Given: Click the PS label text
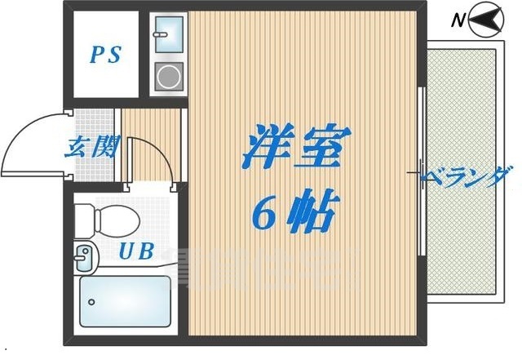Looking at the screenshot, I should tap(105, 56).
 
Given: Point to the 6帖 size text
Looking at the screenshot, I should tap(294, 215).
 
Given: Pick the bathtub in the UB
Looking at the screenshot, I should tap(125, 300).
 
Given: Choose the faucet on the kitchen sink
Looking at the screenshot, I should tap(161, 33).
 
